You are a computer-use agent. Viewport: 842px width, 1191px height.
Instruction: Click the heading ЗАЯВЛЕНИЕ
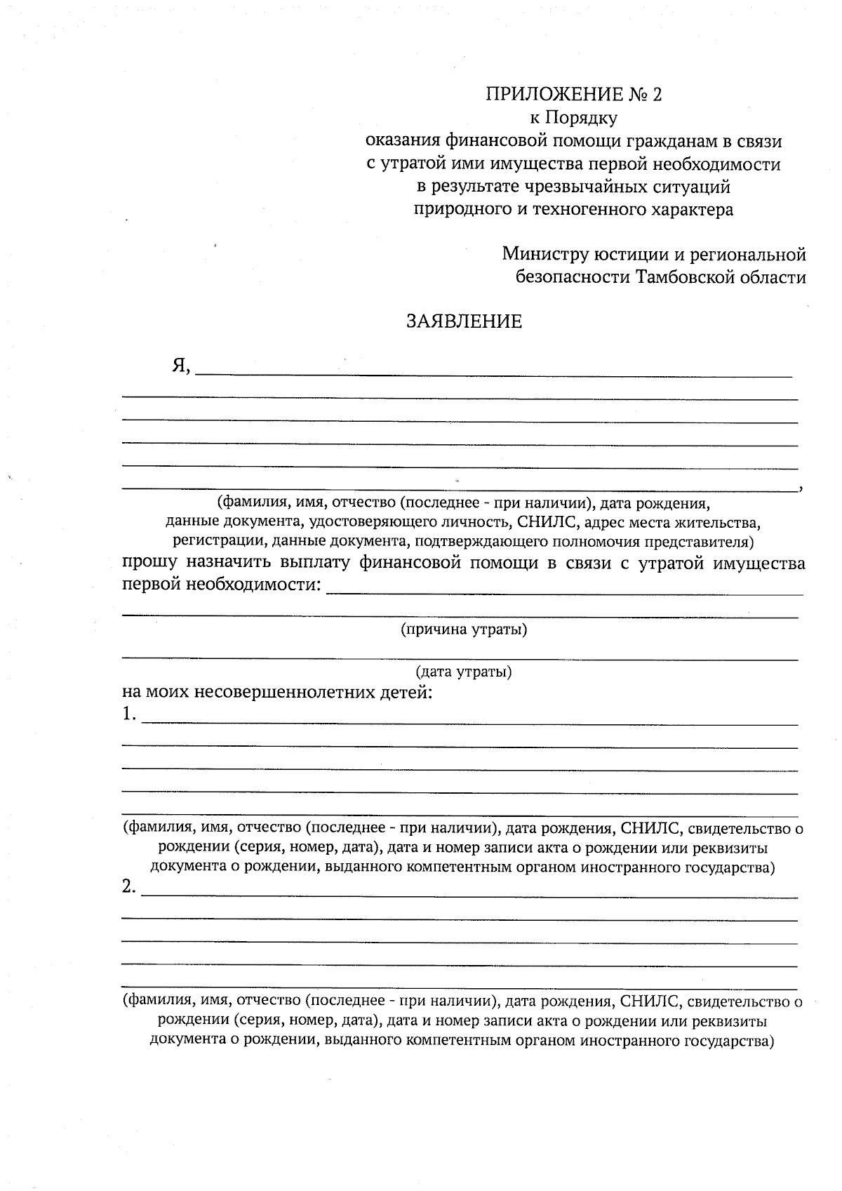click(x=465, y=321)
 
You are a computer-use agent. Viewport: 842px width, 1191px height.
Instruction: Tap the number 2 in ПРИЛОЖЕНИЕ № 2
click(x=656, y=95)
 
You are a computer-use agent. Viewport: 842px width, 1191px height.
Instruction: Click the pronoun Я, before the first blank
click(x=182, y=366)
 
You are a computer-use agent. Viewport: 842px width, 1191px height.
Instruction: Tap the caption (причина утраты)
click(x=464, y=629)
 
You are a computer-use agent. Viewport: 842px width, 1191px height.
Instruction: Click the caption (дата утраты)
click(x=464, y=672)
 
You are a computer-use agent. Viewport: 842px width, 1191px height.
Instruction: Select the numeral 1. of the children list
click(x=128, y=714)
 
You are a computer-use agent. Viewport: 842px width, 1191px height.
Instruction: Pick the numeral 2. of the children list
click(x=128, y=887)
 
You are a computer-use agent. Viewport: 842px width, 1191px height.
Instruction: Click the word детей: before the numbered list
click(x=408, y=693)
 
